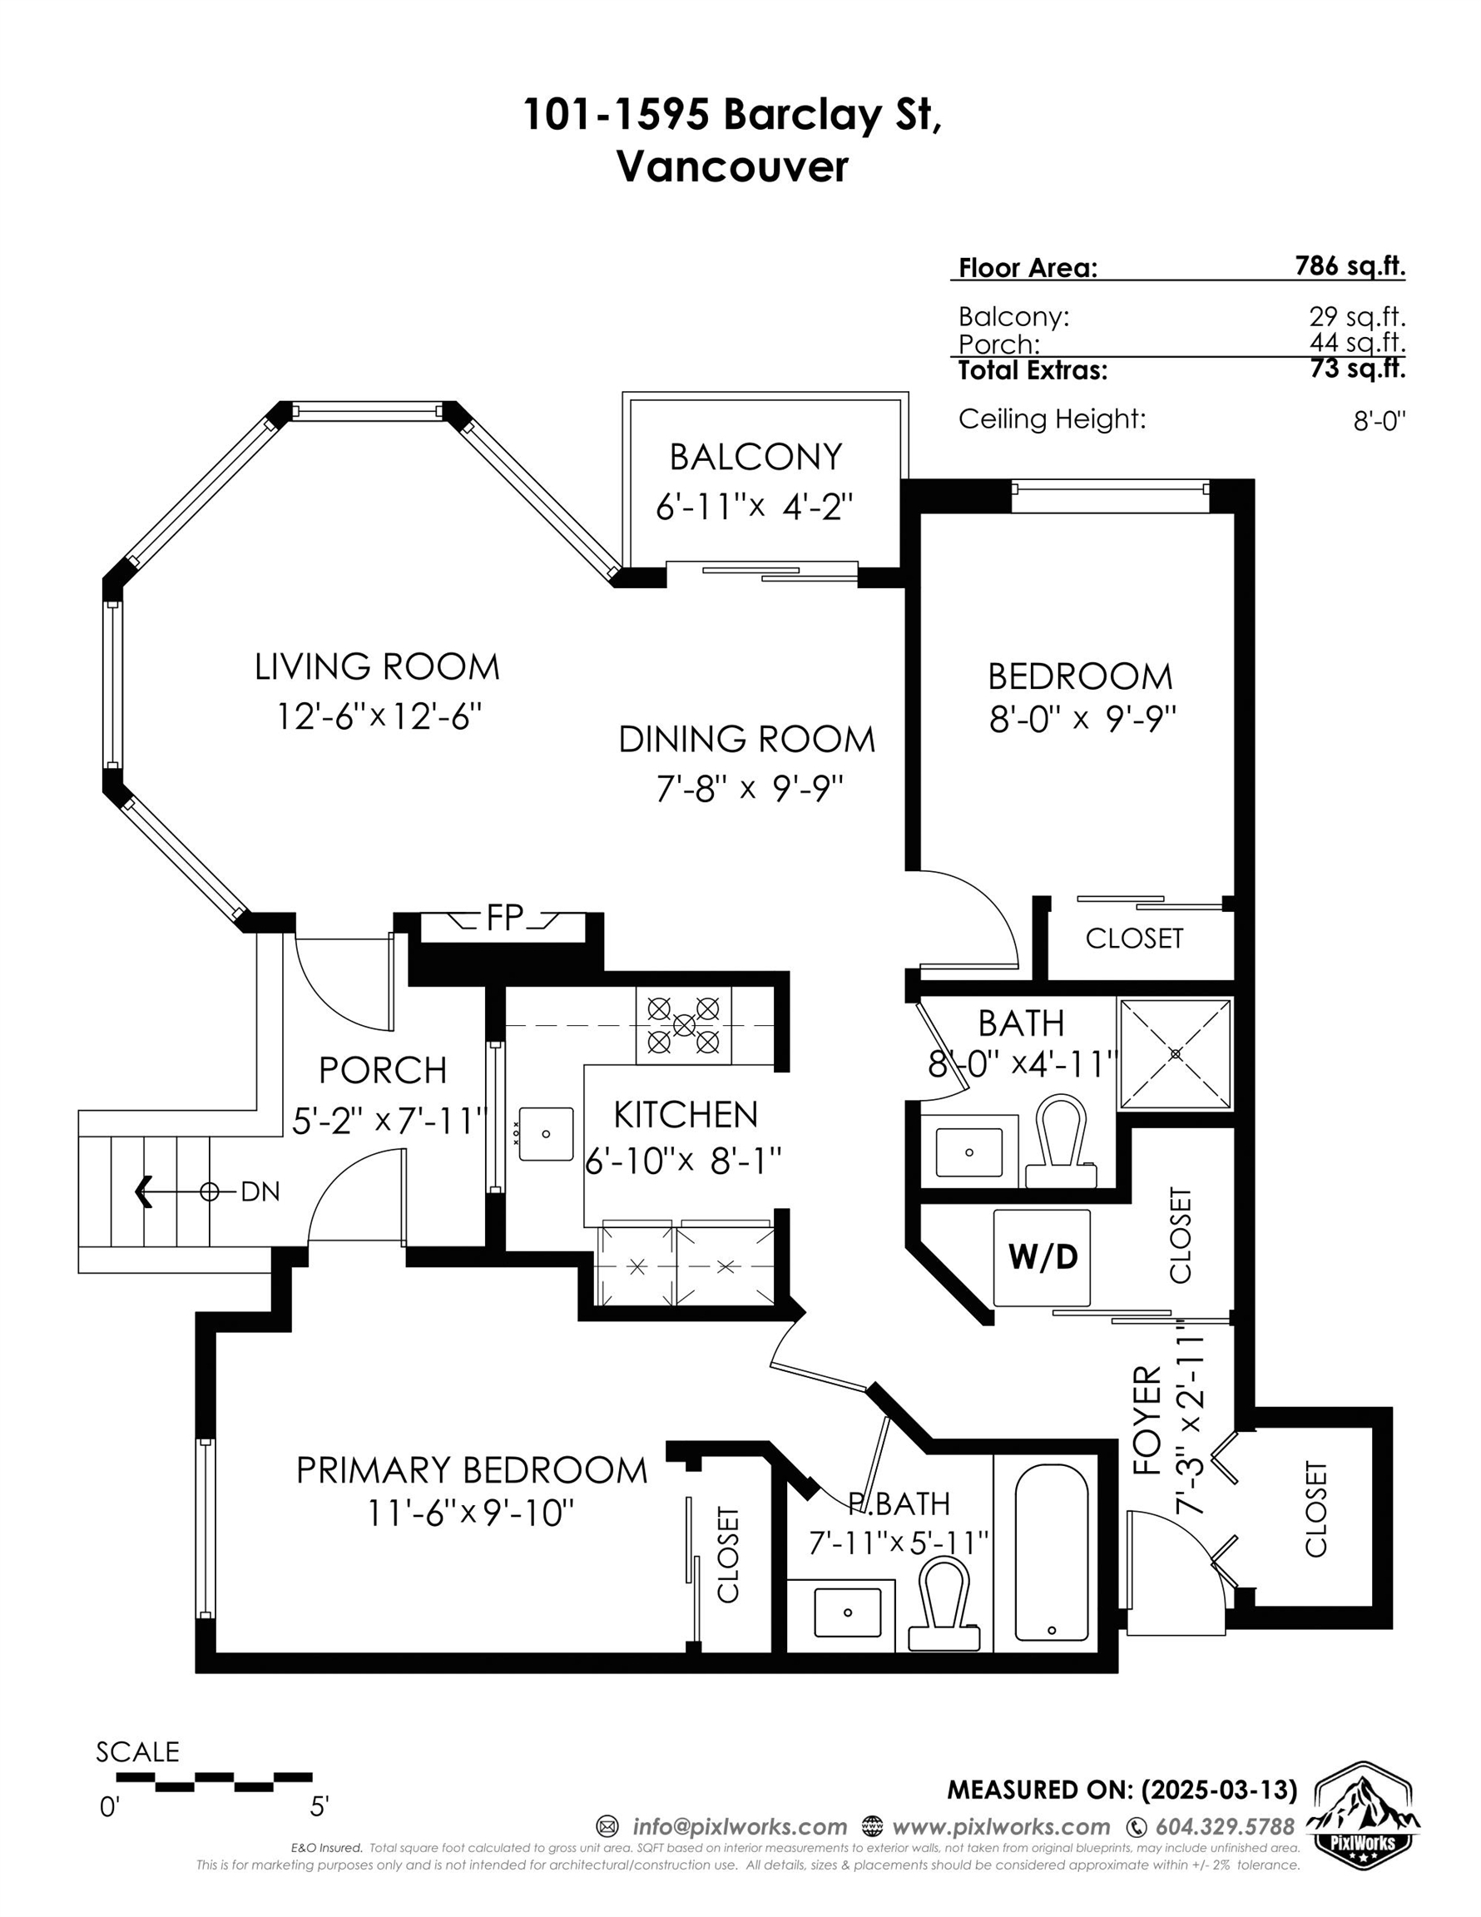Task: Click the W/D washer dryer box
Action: (1042, 1258)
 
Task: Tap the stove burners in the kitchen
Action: (683, 1024)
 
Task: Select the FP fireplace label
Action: (505, 917)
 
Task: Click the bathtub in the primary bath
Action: (1051, 1553)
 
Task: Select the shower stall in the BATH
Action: (1176, 1053)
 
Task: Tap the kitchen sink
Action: (545, 1134)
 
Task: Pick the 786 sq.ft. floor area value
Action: (1350, 265)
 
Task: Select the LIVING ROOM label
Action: (377, 667)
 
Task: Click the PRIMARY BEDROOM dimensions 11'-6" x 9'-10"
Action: (471, 1513)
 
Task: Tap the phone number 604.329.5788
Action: (1224, 1826)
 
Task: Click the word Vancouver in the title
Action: (732, 166)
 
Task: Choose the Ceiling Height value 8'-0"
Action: (1379, 421)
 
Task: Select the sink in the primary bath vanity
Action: (847, 1612)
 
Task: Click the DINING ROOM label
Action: (747, 739)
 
